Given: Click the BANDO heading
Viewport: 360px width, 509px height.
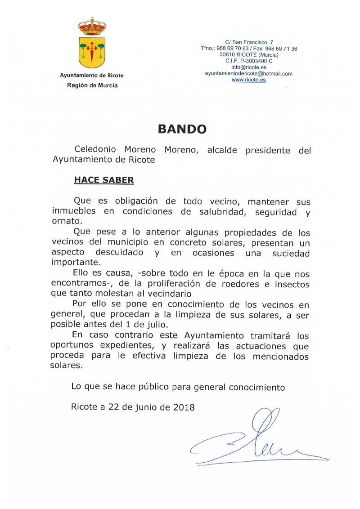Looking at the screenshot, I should [x=182, y=129].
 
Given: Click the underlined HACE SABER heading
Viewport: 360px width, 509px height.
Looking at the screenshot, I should [x=104, y=180].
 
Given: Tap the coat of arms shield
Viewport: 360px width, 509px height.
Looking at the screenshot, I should [x=92, y=50].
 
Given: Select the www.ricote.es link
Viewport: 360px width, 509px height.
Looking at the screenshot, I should [x=248, y=80].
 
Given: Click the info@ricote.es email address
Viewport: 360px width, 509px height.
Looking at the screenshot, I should [x=248, y=67].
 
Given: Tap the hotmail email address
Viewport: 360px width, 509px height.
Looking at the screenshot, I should [x=248, y=73].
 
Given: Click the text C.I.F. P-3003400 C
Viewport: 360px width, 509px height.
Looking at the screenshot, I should [x=248, y=61].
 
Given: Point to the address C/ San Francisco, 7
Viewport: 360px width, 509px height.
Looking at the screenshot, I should [x=248, y=42].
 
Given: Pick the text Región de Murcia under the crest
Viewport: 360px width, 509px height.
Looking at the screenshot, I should [x=92, y=85].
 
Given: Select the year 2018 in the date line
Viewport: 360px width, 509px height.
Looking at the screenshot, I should [x=183, y=407].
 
